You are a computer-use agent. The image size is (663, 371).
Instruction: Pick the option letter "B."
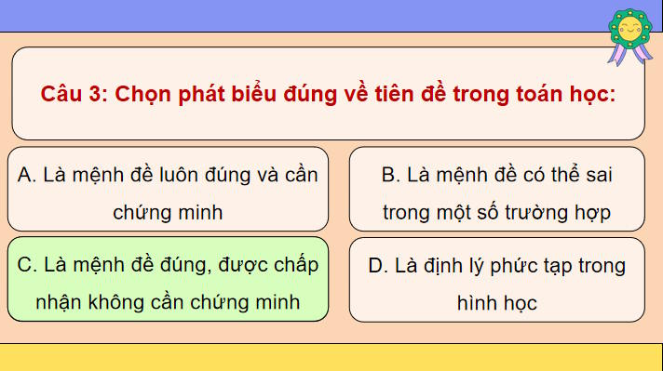click(390, 176)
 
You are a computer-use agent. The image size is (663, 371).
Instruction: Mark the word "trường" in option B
click(540, 212)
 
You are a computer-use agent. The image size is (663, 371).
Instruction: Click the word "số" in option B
click(490, 212)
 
